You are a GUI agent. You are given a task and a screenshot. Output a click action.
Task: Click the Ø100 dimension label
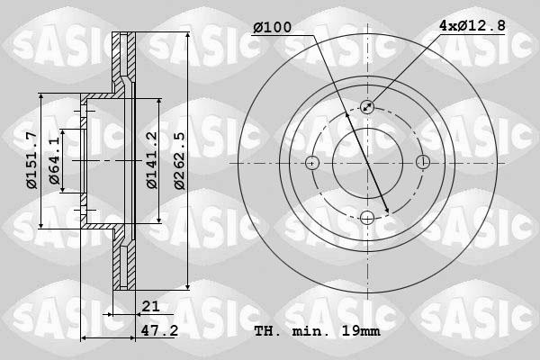coord(272,28)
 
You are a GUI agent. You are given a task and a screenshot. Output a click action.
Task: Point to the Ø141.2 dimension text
coord(152,160)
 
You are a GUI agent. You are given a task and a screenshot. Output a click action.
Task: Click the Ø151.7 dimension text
coord(32,160)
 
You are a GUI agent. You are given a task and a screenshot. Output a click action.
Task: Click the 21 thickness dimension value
coord(149,308)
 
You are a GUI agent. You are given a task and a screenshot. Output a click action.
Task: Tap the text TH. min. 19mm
coord(317,331)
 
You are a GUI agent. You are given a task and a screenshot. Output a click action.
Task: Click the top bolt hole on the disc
coord(367,107)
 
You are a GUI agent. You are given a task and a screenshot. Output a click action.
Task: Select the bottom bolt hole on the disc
coord(367,217)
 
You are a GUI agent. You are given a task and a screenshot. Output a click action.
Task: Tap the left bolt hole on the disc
coord(312,163)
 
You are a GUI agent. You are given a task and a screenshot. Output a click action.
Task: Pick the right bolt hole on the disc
coord(422,163)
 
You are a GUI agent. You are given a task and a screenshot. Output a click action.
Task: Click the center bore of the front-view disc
coord(367,163)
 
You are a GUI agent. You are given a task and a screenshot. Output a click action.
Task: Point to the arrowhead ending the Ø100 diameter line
coord(386,211)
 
